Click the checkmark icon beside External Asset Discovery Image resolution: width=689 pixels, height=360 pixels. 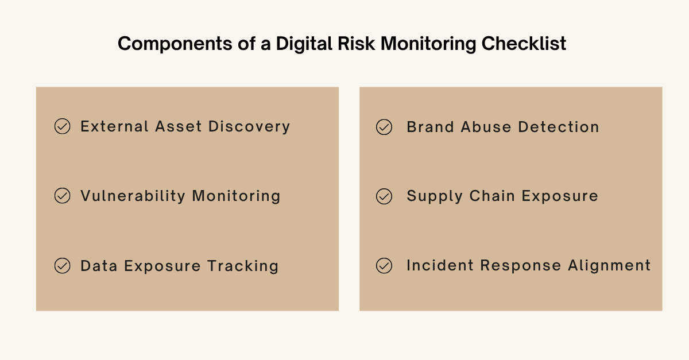(62, 126)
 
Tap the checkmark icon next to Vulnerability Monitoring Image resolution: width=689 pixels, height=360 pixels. (62, 196)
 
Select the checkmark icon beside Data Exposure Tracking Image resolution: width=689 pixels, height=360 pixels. (62, 265)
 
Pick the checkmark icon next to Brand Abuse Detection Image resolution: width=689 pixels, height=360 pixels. (384, 127)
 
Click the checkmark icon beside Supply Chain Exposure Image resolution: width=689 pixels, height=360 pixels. (384, 196)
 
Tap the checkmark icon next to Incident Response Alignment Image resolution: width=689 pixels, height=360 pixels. (384, 265)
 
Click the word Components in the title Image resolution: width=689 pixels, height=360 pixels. (175, 44)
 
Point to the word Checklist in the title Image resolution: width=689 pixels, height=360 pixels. (524, 43)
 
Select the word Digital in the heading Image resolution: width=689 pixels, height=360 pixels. (304, 44)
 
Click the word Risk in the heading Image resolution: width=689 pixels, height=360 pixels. (356, 43)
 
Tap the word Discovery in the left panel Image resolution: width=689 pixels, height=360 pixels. (249, 126)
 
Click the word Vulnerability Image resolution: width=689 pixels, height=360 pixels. (133, 196)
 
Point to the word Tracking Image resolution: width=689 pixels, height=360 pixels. (243, 266)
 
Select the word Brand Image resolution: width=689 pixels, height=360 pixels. (430, 127)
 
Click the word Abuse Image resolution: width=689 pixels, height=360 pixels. (486, 127)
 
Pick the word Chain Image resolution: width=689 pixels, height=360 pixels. (492, 196)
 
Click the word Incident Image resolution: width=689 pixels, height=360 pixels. (440, 265)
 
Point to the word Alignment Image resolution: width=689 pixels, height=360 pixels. (609, 265)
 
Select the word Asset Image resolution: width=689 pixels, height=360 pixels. (179, 126)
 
